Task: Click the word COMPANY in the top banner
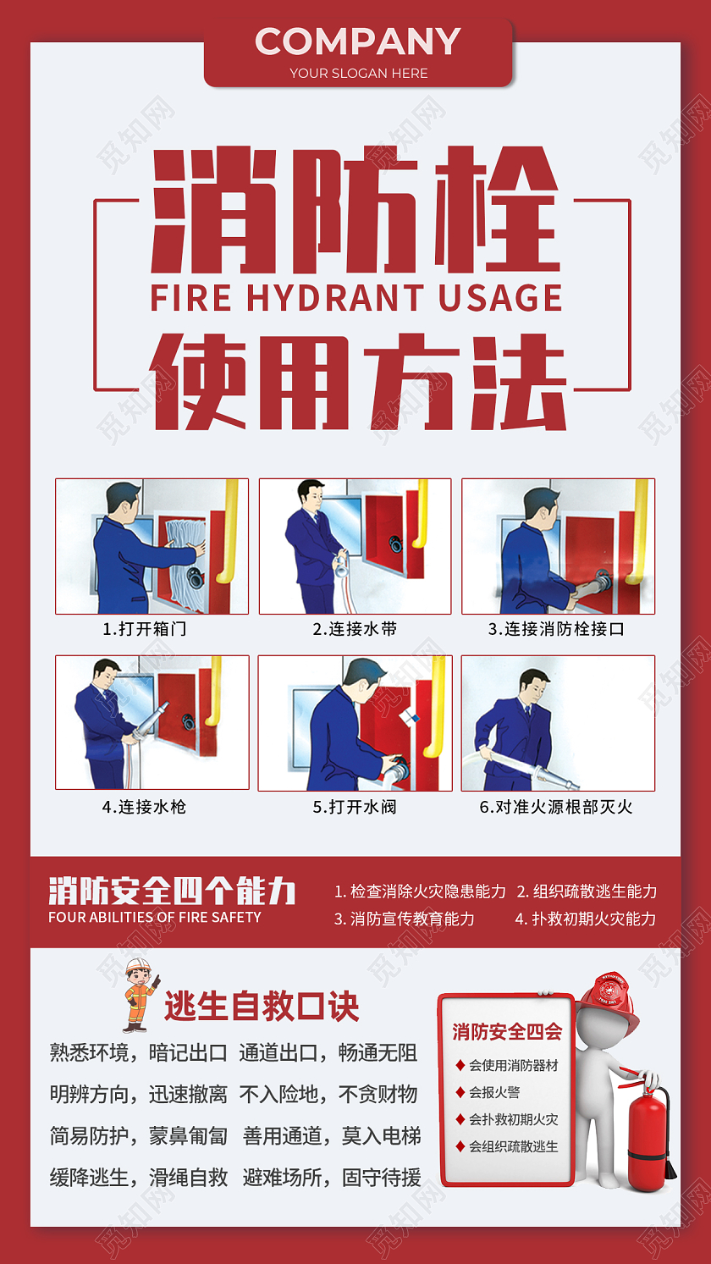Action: (x=357, y=41)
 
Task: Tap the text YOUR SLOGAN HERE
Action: (x=358, y=73)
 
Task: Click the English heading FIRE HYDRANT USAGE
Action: (x=356, y=299)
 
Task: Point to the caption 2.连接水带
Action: (x=355, y=629)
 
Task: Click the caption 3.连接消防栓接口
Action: (x=556, y=629)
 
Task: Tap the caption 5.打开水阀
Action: (x=355, y=807)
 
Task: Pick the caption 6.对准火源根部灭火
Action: (x=556, y=807)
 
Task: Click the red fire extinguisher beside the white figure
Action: (x=648, y=1139)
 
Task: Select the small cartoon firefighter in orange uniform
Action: (x=139, y=994)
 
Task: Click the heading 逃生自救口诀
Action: (x=262, y=1007)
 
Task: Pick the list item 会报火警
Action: (x=494, y=1092)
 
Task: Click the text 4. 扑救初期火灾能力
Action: (x=585, y=919)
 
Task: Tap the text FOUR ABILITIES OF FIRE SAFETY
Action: (x=155, y=917)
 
